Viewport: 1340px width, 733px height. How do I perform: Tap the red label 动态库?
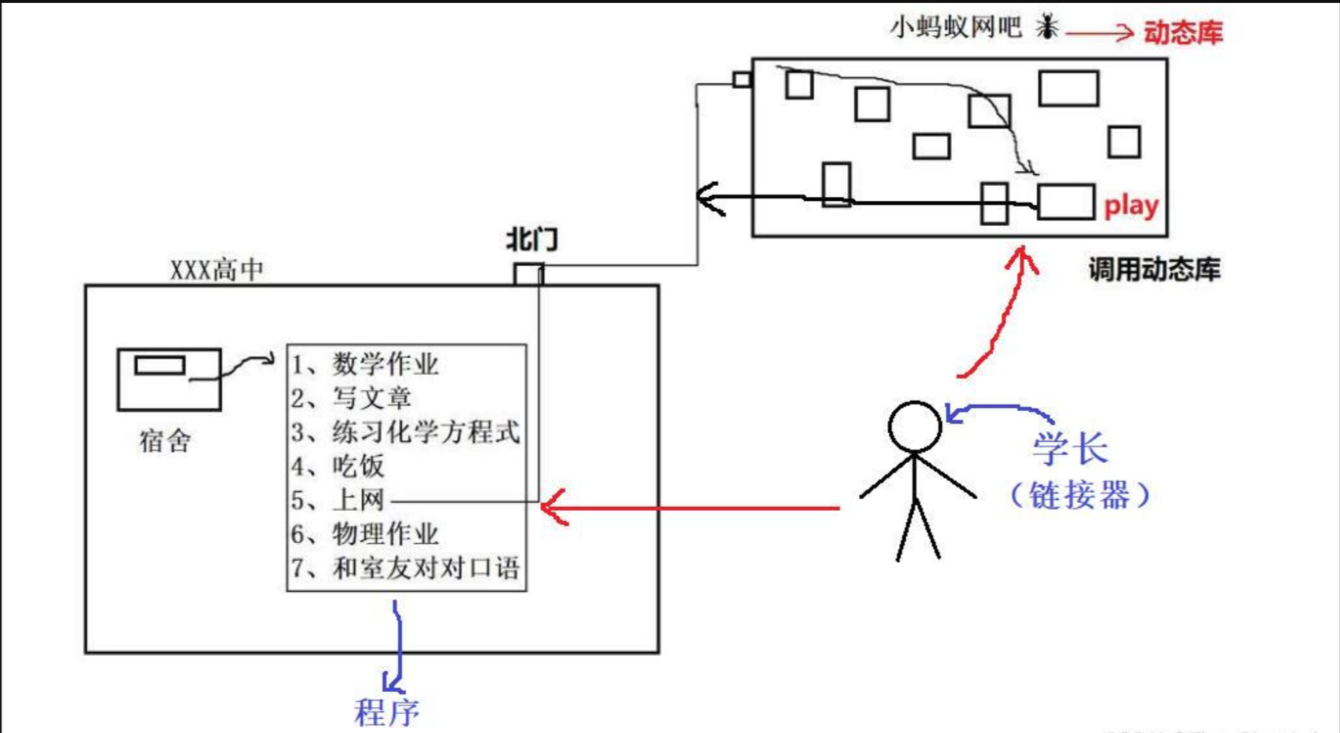pos(1182,32)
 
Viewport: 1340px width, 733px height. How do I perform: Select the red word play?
pos(1130,206)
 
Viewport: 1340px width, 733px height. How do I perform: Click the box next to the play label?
pos(1065,202)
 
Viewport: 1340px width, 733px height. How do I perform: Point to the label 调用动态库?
pos(1154,270)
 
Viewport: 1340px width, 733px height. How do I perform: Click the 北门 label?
pos(531,239)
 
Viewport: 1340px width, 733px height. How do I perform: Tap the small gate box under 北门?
pos(528,274)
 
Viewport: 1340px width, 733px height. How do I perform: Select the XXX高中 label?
pos(217,271)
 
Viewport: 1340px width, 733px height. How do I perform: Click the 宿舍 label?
pos(165,441)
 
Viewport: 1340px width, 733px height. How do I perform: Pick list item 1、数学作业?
pos(365,364)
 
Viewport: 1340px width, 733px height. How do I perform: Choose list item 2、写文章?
pos(351,398)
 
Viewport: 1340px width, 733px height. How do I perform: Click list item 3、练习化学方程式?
pos(405,432)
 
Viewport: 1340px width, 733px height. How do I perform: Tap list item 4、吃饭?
pos(338,466)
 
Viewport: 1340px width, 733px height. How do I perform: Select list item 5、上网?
pos(338,500)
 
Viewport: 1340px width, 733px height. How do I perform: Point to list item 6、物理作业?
pos(365,534)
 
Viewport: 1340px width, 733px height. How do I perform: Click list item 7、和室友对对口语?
pos(405,567)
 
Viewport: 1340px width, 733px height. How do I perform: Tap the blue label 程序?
pos(386,713)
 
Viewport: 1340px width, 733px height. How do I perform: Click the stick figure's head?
pos(915,427)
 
